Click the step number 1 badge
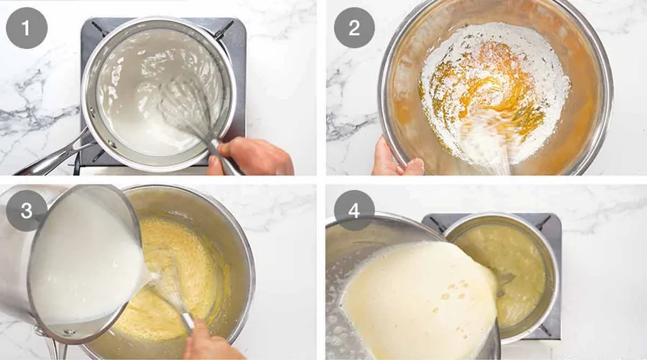pos(26,28)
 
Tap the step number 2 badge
pos(354,28)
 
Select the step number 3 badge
pos(26,210)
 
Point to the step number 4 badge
pos(354,210)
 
